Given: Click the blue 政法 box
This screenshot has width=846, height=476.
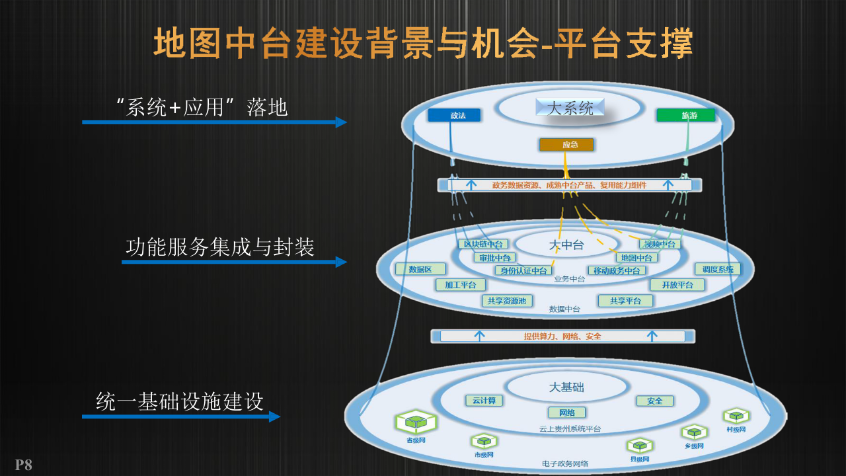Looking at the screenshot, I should pos(454,115).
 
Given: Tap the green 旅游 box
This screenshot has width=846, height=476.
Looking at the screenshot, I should pos(686,115).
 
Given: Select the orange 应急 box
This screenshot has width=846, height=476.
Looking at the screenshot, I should pos(566,144).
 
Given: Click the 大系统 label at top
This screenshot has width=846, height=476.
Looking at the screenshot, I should pos(570,108).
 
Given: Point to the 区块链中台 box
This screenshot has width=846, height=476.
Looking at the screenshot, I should pos(482,244).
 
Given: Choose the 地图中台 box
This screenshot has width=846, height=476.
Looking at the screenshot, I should pos(636,257).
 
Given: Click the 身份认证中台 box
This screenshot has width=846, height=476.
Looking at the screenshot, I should pos(523,270).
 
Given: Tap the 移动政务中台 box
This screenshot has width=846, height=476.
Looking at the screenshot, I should pos(616,270).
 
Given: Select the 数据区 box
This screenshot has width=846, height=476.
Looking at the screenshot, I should pos(420,269).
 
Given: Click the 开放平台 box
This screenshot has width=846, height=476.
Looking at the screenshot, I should pos(677,284).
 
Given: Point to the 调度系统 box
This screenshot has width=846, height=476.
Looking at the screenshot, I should pos(717,269).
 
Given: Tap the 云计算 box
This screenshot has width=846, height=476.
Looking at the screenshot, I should pos(484,400).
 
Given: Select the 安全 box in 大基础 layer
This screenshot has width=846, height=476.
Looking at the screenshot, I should pos(654,401).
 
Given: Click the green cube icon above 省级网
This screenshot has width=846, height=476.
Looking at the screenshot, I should pos(416,420).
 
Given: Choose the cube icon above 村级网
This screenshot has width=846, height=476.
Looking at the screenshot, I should pos(736,416).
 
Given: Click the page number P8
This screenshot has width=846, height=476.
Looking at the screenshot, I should pos(24,465).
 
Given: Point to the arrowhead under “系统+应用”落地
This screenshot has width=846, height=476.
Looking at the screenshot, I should pos(341,122).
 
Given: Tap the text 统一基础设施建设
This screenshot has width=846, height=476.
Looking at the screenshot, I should pos(180,401).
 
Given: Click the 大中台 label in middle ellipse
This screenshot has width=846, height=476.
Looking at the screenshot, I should pos(566,245).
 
